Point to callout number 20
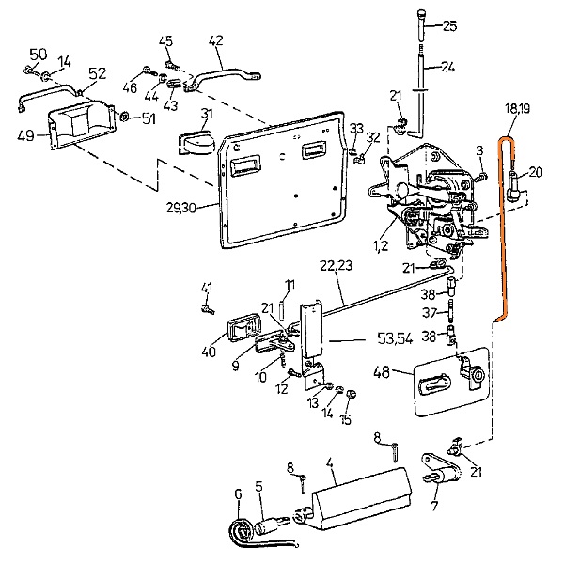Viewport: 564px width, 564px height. [x=536, y=171]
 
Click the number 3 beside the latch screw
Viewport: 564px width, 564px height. [x=479, y=150]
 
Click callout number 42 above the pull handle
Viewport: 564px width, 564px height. [x=215, y=40]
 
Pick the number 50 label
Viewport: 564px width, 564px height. [x=39, y=54]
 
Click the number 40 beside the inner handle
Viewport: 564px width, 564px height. [x=208, y=352]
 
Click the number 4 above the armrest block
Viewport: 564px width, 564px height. [x=330, y=462]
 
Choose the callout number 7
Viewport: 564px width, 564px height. [x=433, y=509]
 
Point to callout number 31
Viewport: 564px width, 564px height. [x=207, y=114]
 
